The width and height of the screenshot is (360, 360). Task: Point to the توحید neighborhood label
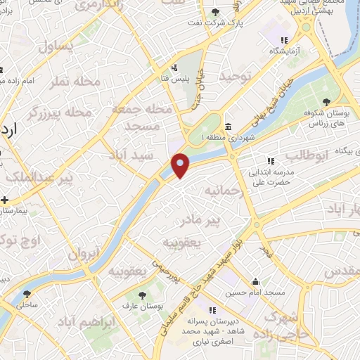click(x=234, y=75)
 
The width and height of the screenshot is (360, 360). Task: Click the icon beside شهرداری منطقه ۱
click(x=230, y=127)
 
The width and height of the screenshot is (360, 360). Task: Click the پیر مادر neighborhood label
click(x=220, y=221)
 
